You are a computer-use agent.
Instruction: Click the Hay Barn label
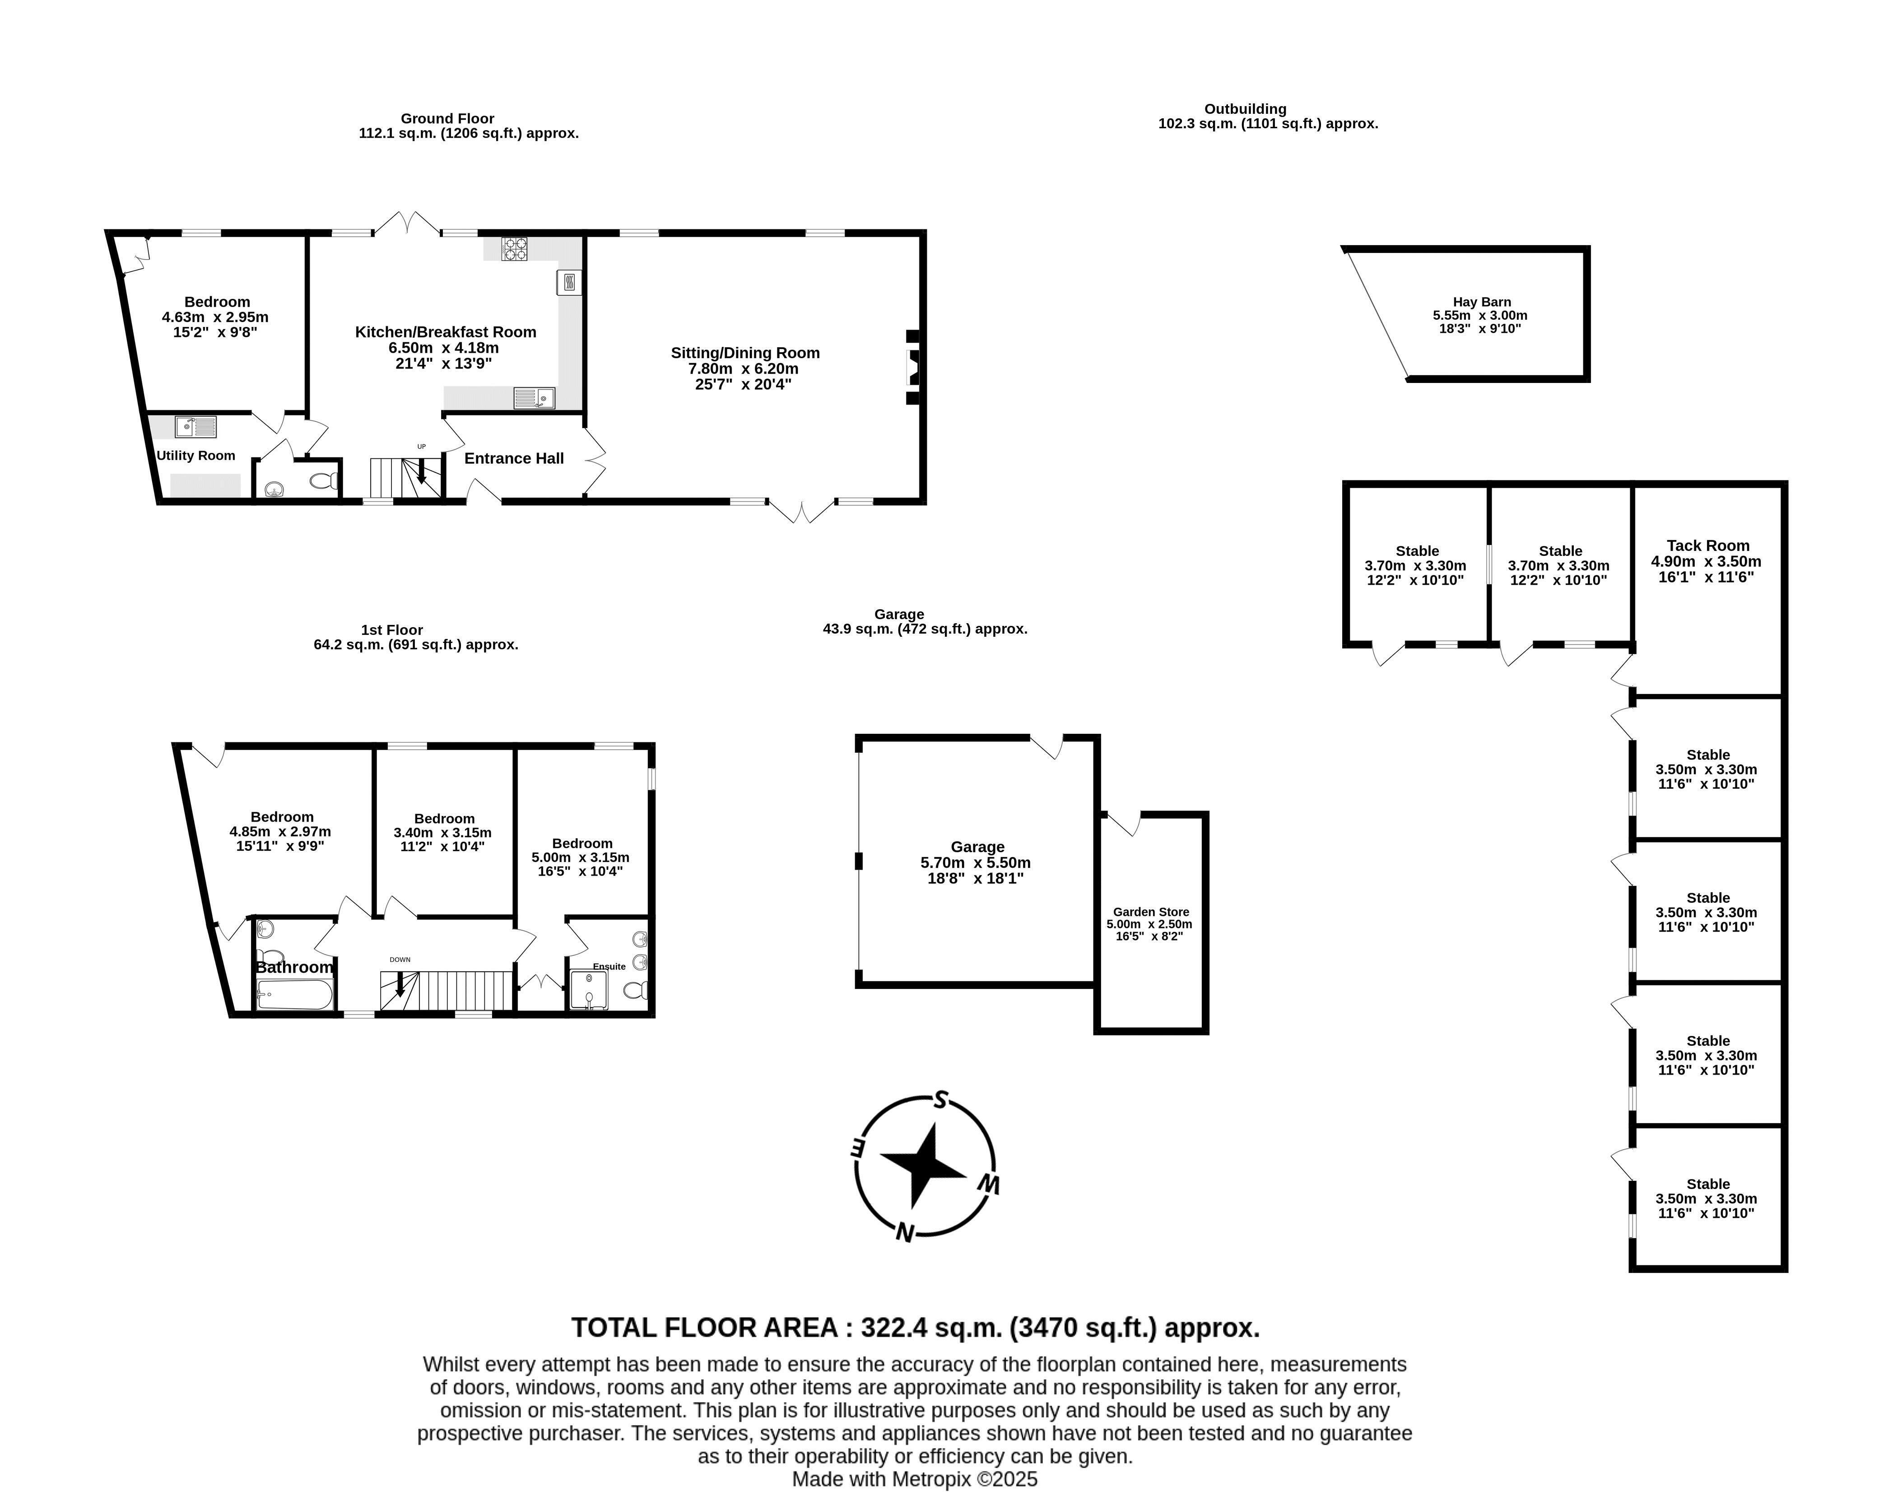1482,301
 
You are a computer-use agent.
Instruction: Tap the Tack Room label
1708,545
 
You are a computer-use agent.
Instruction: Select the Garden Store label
1151,911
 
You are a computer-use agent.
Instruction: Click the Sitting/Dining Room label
745,353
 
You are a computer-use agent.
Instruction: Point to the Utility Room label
195,455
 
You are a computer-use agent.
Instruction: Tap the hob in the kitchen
514,249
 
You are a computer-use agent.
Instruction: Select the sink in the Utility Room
195,426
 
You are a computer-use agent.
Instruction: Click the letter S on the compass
940,1099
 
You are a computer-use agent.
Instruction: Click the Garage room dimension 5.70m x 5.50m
975,862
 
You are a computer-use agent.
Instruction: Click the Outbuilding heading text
1245,109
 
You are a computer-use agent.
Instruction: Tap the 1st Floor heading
392,630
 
